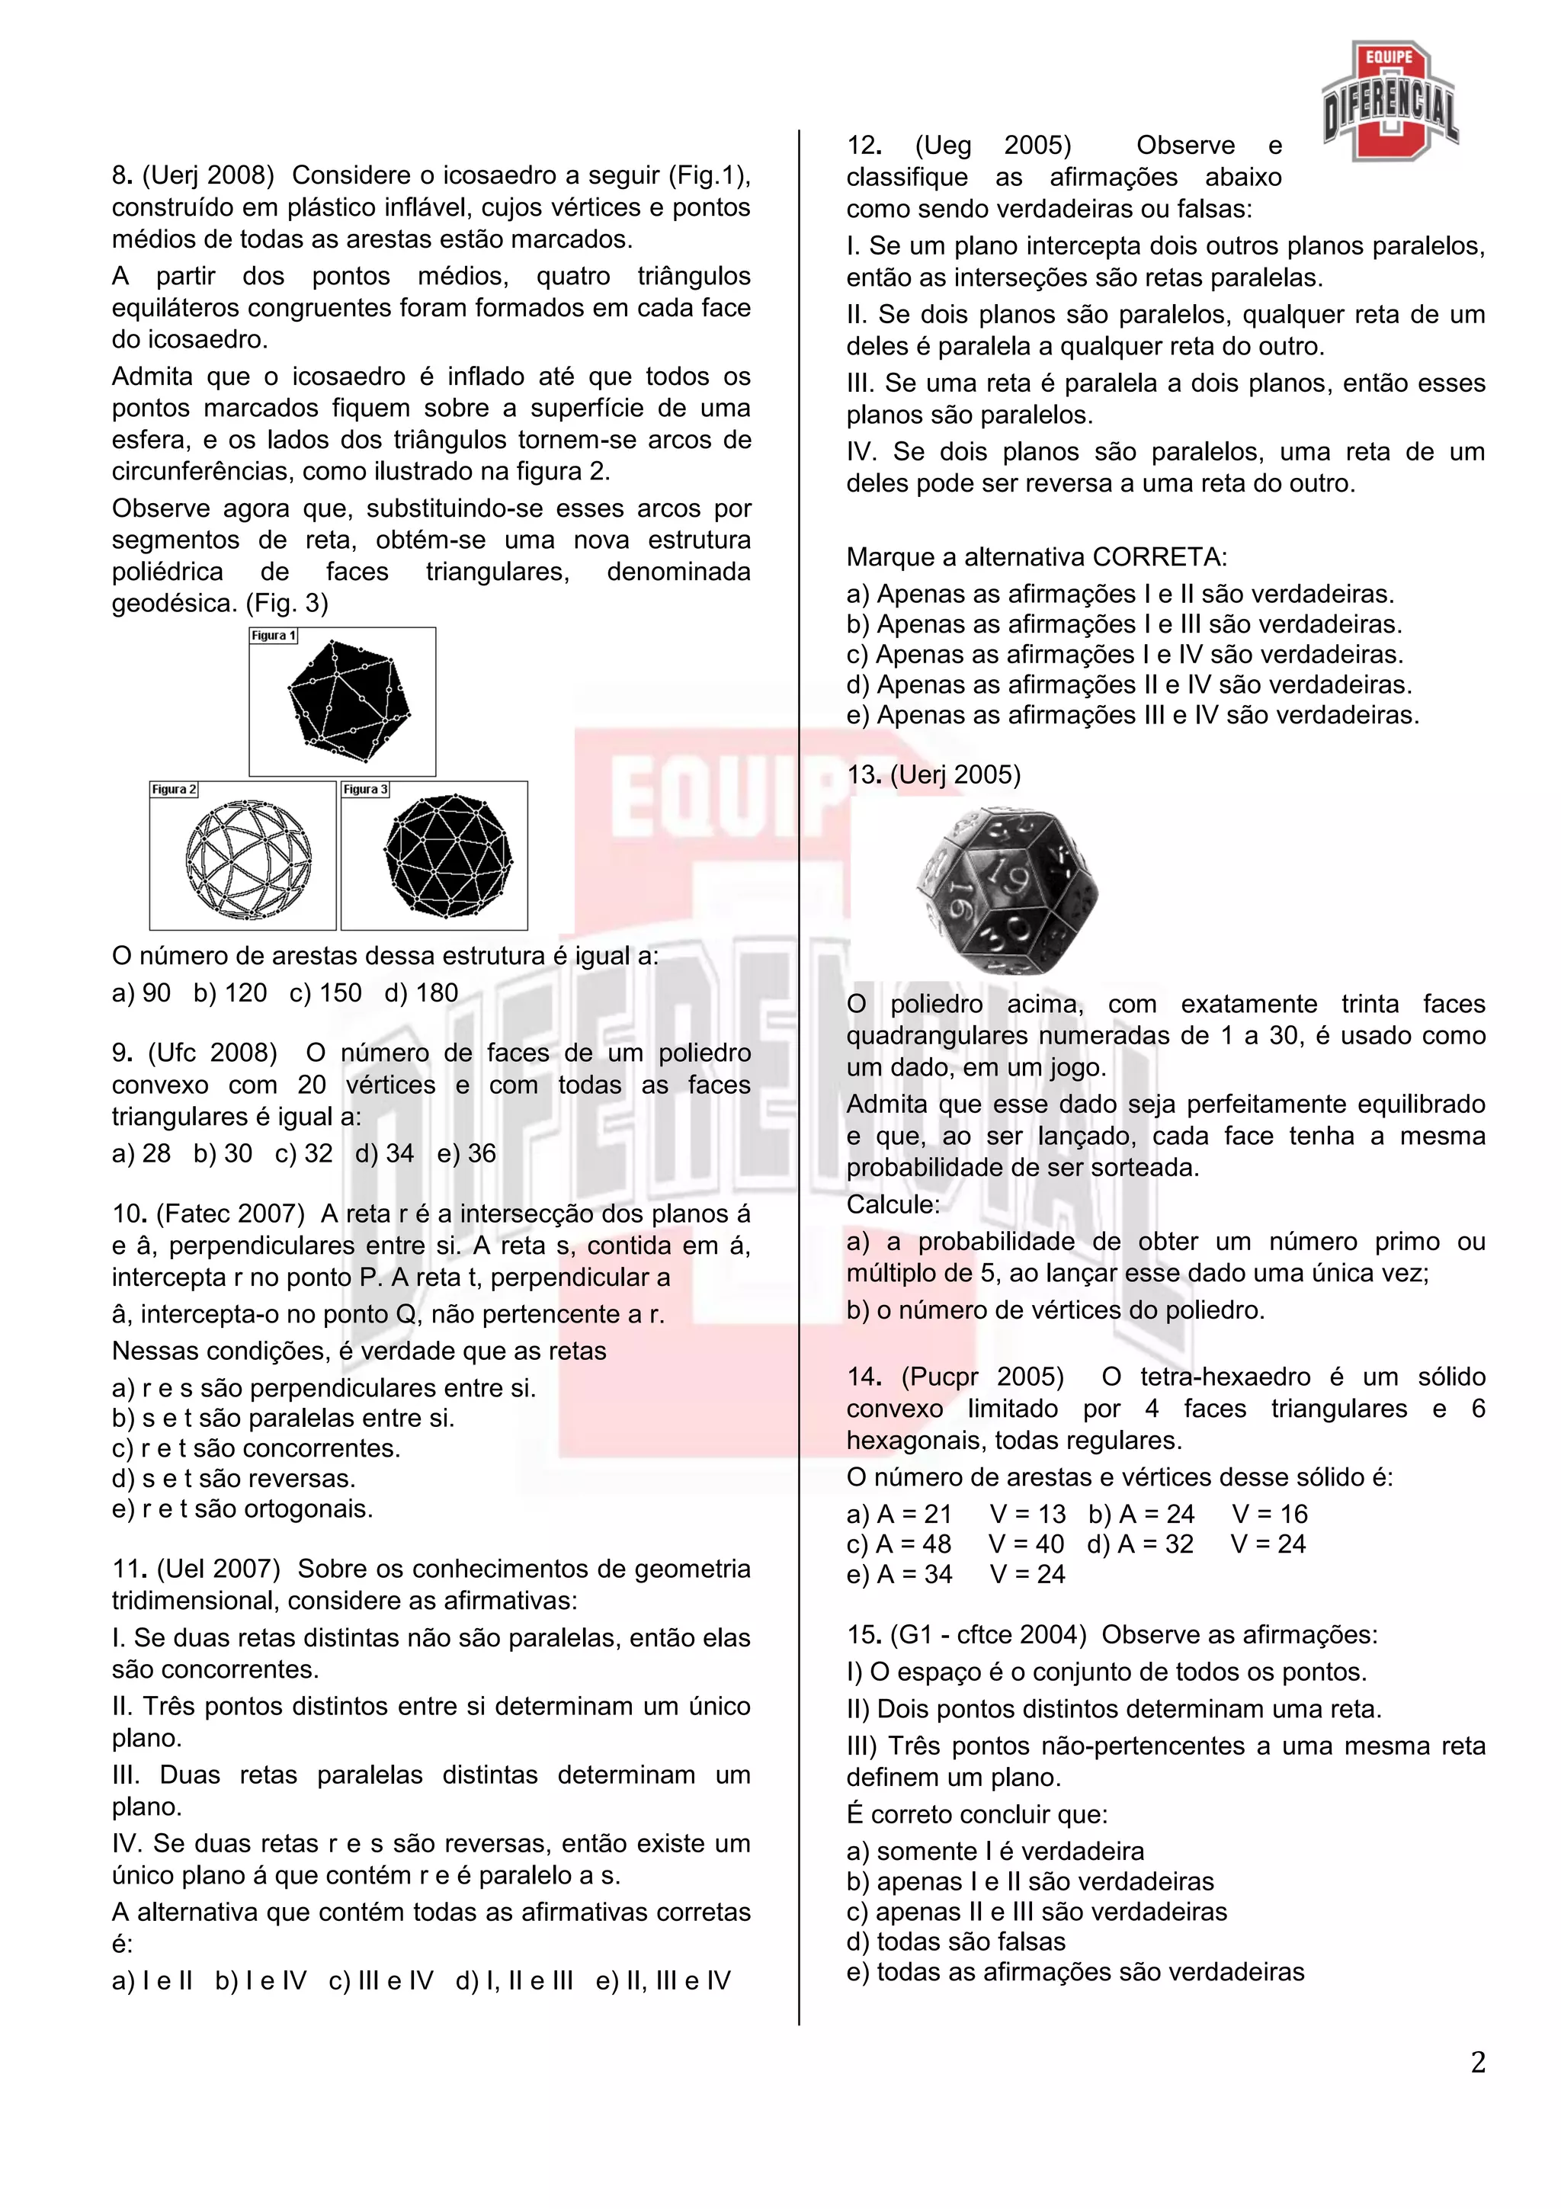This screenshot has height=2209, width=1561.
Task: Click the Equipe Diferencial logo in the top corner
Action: [x=1390, y=101]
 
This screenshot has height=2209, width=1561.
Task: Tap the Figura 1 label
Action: [x=273, y=636]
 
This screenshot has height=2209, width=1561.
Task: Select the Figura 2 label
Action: [x=173, y=790]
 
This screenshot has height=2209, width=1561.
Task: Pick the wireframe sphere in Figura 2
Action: [x=248, y=858]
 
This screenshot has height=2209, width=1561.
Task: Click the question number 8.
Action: [x=121, y=176]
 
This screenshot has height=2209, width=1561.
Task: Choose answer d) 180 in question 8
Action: [x=422, y=993]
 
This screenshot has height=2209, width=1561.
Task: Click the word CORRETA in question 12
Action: [x=1160, y=557]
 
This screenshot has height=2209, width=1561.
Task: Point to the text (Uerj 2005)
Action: [x=955, y=774]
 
